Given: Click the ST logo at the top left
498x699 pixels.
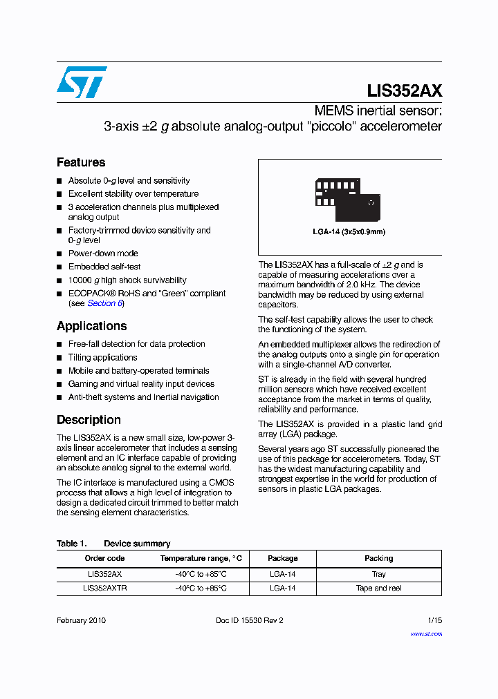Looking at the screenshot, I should pyautogui.click(x=82, y=82).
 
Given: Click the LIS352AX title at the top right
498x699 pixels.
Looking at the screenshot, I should pyautogui.click(x=404, y=91).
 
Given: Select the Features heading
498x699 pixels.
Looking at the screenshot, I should pyautogui.click(x=81, y=162).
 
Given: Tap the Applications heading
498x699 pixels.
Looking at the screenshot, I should pyautogui.click(x=91, y=326).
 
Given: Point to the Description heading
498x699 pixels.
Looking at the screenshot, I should pyautogui.click(x=89, y=420).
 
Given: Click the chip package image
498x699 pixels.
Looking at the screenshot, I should pyautogui.click(x=347, y=200).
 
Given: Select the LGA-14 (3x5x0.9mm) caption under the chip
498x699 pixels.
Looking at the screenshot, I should pyautogui.click(x=349, y=232).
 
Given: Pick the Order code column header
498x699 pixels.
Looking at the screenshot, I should pyautogui.click(x=104, y=558).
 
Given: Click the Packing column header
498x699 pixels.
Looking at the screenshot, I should pyautogui.click(x=378, y=558).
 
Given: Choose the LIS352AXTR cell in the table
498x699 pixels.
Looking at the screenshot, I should pyautogui.click(x=104, y=588).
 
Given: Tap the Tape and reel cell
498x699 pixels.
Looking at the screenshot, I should pyautogui.click(x=378, y=588).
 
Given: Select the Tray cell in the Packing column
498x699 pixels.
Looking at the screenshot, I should pyautogui.click(x=378, y=574).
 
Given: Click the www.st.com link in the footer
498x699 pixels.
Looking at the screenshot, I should pyautogui.click(x=426, y=634).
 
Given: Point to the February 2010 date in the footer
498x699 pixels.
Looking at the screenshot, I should pyautogui.click(x=81, y=620).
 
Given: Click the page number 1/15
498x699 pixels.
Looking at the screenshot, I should pyautogui.click(x=434, y=620).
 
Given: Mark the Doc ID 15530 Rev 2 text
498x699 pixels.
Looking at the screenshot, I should pyautogui.click(x=249, y=620).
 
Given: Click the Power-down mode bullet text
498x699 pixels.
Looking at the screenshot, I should pyautogui.click(x=103, y=253).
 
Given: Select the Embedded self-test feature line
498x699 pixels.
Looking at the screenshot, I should pyautogui.click(x=104, y=267).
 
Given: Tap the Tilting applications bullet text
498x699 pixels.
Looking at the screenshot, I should pyautogui.click(x=102, y=357).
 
